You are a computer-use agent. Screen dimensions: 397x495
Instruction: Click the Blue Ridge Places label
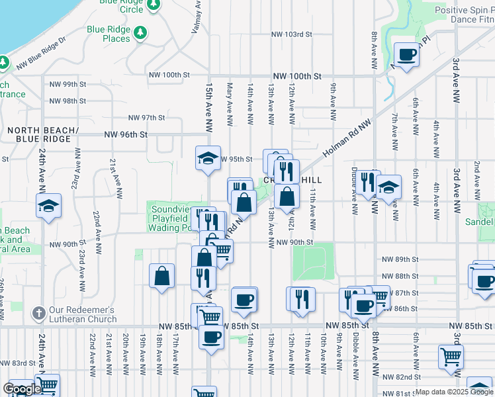pos(108,34)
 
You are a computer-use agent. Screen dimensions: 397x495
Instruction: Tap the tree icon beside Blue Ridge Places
pos(140,32)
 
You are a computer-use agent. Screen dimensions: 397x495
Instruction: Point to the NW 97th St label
pos(146,118)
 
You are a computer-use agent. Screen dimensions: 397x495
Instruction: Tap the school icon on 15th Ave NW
pos(208,159)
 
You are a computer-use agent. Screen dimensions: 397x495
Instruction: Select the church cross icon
pos(39,312)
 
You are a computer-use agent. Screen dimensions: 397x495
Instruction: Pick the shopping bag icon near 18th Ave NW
pos(161,277)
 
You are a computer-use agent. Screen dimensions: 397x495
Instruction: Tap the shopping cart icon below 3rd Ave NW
pos(451,357)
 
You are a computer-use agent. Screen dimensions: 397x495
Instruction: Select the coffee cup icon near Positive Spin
pos(406,55)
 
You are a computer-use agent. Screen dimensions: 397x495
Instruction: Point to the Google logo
pos(22,390)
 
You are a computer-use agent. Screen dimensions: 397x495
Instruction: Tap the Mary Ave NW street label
pos(230,104)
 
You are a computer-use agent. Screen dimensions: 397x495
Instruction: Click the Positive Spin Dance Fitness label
pos(463,15)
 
